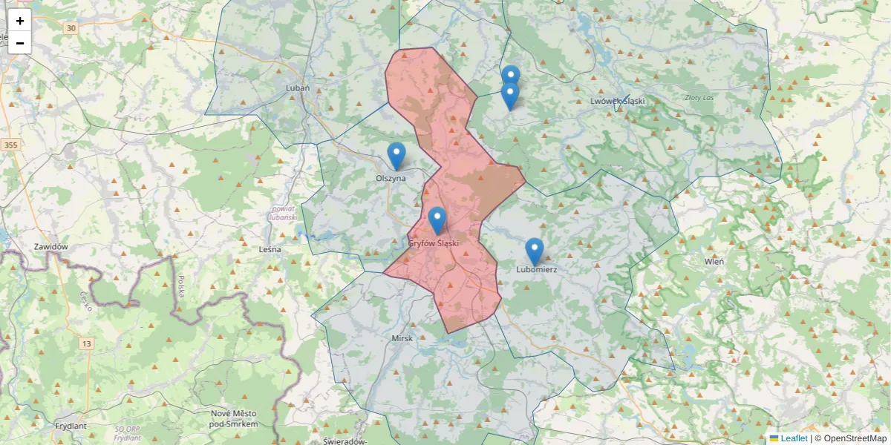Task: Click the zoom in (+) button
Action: click(20, 21)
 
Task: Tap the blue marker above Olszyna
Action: click(396, 155)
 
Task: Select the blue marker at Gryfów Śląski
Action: click(437, 220)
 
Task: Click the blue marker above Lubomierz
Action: click(534, 251)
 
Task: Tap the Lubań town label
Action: click(298, 88)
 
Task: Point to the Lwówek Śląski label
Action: click(617, 101)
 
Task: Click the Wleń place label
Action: click(714, 261)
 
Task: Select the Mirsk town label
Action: click(402, 338)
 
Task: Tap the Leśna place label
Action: click(270, 249)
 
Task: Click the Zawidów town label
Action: click(51, 246)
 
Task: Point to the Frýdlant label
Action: click(71, 426)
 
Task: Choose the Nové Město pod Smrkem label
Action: click(234, 418)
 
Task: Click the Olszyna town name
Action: click(391, 178)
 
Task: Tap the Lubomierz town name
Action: click(536, 270)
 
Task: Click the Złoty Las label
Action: click(699, 97)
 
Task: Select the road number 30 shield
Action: click(71, 28)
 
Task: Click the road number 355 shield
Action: click(10, 145)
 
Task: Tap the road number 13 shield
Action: click(88, 343)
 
